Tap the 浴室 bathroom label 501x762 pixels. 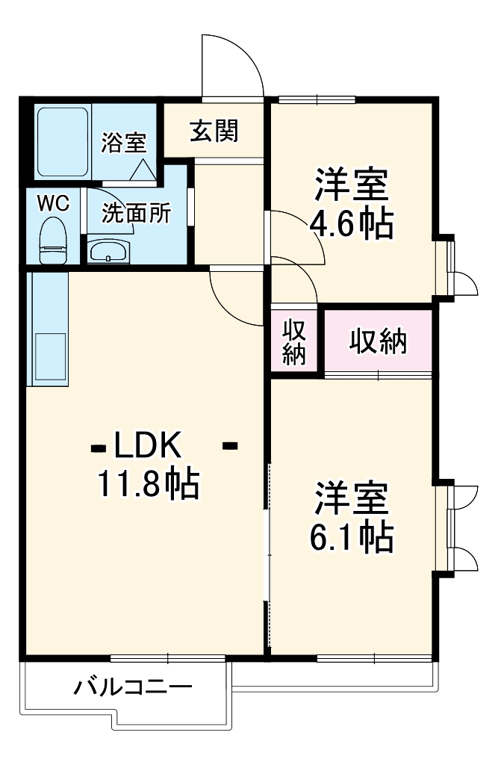(124, 142)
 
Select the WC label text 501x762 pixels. (53, 202)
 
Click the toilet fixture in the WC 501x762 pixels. (53, 241)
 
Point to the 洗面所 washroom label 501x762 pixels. (137, 214)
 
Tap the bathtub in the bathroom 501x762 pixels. (63, 141)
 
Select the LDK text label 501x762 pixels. (147, 446)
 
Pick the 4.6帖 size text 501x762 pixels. (351, 224)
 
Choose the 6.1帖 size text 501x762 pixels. (351, 536)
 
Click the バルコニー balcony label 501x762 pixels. (133, 687)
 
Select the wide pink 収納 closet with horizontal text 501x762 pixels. (379, 341)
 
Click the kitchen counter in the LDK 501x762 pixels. (48, 329)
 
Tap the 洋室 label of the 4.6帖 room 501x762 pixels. (351, 185)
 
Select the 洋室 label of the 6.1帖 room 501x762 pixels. (351, 499)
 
